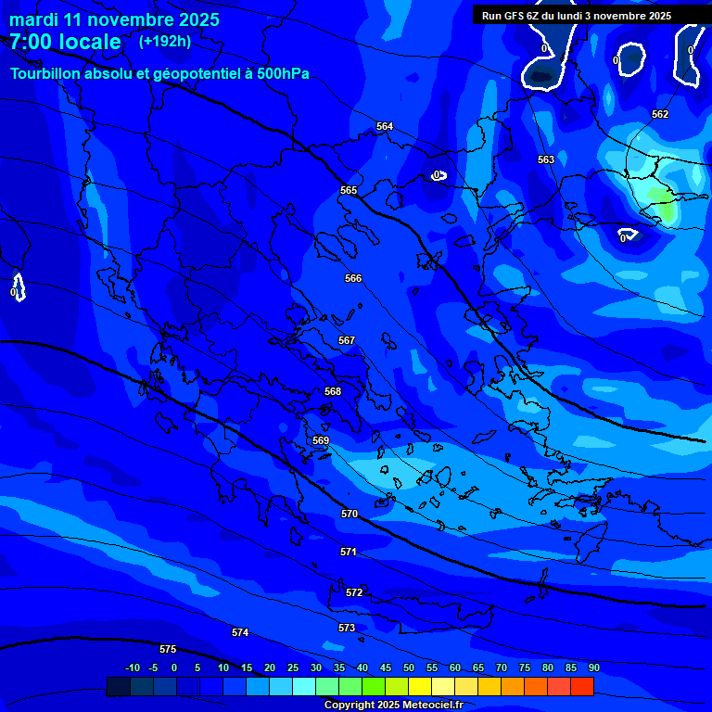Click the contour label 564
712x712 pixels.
click(x=385, y=126)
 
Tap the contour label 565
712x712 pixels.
click(x=349, y=190)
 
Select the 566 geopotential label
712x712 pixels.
click(x=353, y=278)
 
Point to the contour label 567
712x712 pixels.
click(x=347, y=340)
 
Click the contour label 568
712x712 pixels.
click(x=333, y=391)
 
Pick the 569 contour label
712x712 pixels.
click(x=321, y=440)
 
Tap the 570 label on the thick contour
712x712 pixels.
click(x=350, y=514)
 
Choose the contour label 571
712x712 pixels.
click(x=349, y=552)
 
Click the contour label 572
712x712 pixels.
click(x=354, y=592)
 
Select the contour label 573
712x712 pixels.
click(x=347, y=628)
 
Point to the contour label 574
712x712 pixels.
click(x=240, y=632)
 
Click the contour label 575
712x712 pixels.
click(x=168, y=649)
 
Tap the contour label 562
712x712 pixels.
click(x=660, y=114)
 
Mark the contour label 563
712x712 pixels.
click(x=546, y=159)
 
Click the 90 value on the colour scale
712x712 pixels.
click(x=593, y=667)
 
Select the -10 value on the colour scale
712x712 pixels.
click(x=132, y=667)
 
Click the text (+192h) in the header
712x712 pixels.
click(x=165, y=41)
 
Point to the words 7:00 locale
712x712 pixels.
click(x=65, y=42)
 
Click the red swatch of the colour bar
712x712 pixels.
click(x=582, y=686)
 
